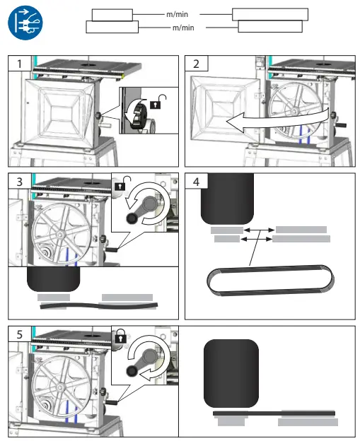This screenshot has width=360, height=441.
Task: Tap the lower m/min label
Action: pos(182,27)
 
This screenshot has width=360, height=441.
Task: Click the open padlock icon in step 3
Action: pos(121,186)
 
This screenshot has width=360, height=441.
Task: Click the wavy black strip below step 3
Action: pos(99,305)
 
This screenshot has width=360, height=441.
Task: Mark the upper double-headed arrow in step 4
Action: pos(259,230)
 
